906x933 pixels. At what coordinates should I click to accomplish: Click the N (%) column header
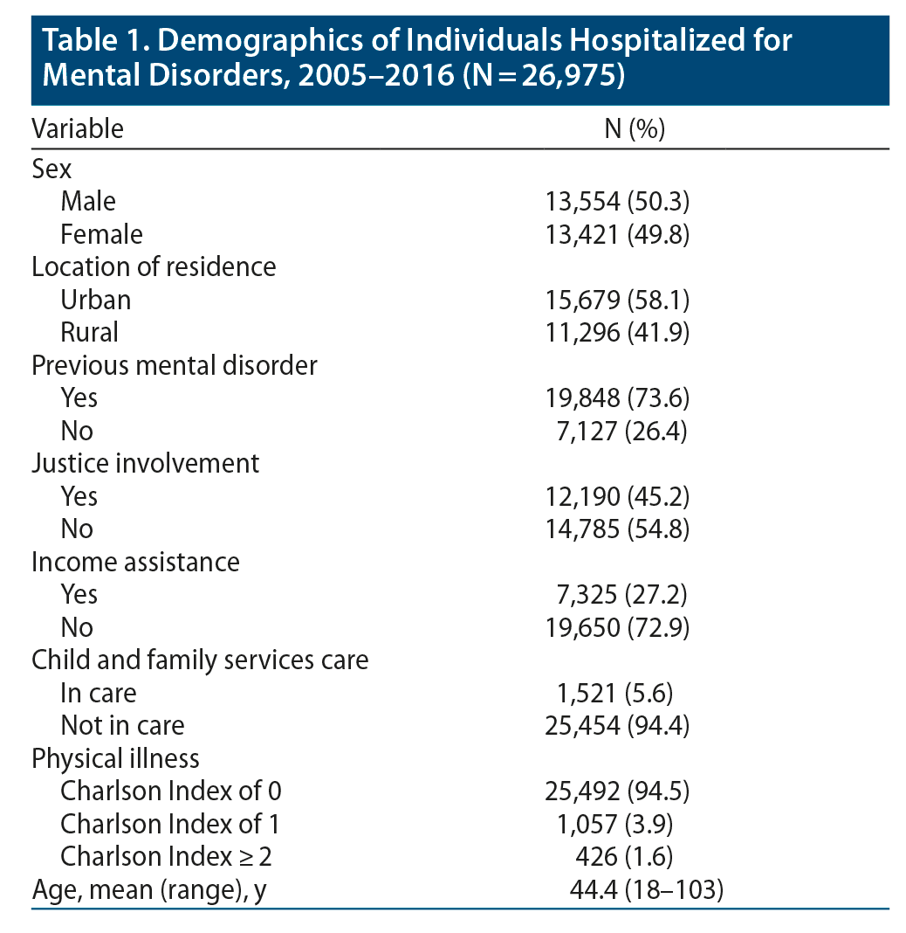pyautogui.click(x=635, y=129)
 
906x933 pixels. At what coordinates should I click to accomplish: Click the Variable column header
pyautogui.click(x=78, y=129)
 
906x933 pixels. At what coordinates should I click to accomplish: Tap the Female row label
pyautogui.click(x=101, y=234)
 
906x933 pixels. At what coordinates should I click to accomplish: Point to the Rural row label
pyautogui.click(x=89, y=332)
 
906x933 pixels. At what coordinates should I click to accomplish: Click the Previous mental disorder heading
pyautogui.click(x=175, y=365)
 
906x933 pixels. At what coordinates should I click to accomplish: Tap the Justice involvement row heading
pyautogui.click(x=145, y=463)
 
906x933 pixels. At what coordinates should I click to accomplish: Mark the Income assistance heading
pyautogui.click(x=135, y=562)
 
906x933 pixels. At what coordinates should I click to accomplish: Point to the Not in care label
pyautogui.click(x=122, y=725)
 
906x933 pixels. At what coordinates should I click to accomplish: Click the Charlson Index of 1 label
pyautogui.click(x=170, y=824)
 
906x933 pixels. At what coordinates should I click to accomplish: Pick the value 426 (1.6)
pyautogui.click(x=635, y=857)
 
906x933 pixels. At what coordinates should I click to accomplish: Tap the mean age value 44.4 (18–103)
pyautogui.click(x=646, y=890)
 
